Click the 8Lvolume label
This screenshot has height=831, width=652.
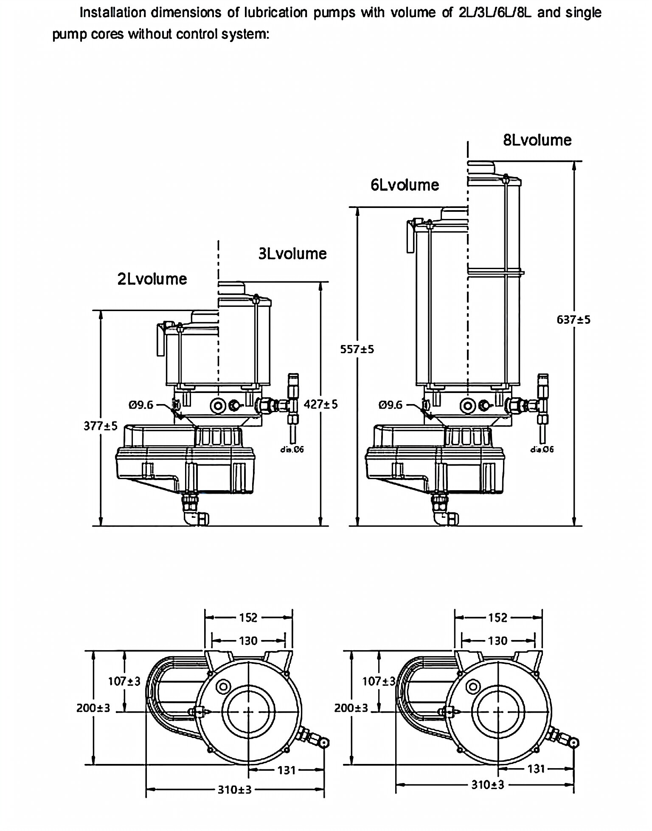[x=537, y=140]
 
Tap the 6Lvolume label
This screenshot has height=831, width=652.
[x=405, y=185]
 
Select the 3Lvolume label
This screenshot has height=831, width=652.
[x=292, y=254]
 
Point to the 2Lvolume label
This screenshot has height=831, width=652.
[x=152, y=279]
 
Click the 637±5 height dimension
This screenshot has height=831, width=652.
[x=573, y=320]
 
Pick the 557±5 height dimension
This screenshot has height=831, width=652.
[x=357, y=349]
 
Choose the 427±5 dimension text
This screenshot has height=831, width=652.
[x=321, y=404]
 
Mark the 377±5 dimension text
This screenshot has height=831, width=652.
[x=101, y=426]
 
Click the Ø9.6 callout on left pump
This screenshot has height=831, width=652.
[x=141, y=405]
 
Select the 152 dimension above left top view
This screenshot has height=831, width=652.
[x=248, y=618]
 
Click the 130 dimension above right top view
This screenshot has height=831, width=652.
[x=497, y=640]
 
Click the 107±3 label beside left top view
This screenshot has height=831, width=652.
[x=124, y=681]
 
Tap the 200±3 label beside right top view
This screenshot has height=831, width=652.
[x=351, y=708]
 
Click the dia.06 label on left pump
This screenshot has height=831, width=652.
[x=292, y=449]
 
